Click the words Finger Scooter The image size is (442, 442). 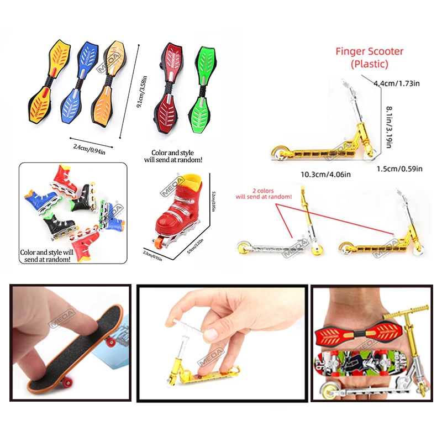point(370,51)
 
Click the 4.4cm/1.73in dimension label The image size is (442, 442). point(397,83)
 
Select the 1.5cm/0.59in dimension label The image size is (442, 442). point(399,169)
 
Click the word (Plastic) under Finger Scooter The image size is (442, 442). point(370,64)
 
